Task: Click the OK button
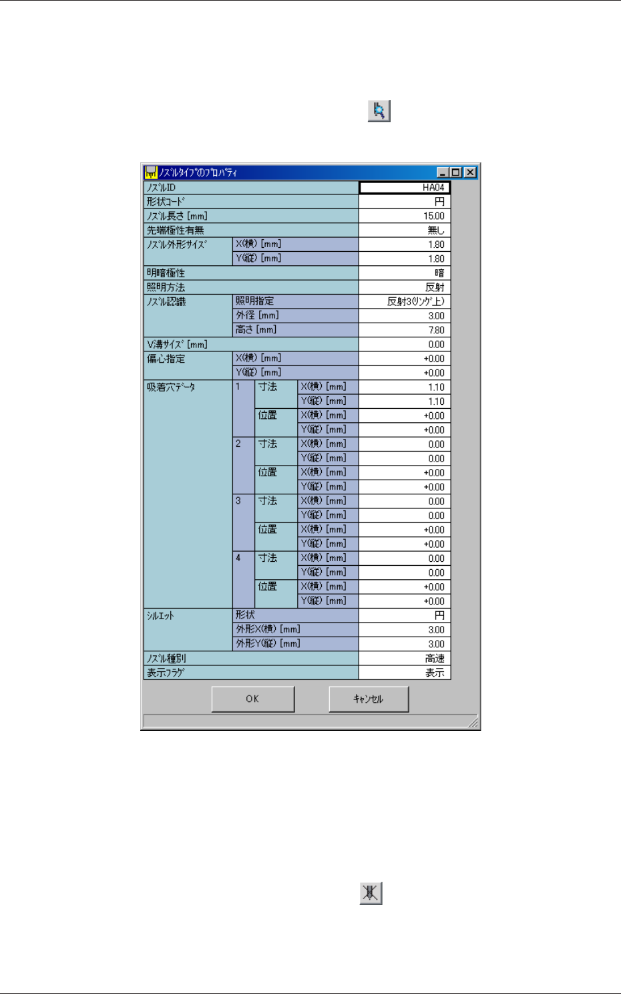coord(252,699)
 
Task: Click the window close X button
coord(470,172)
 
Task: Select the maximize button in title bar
coord(456,172)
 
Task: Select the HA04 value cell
coord(405,188)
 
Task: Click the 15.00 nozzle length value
coord(405,216)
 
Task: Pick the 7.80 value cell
coord(405,330)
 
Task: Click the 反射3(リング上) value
coord(405,301)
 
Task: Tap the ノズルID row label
coord(162,188)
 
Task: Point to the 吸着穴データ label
coord(171,387)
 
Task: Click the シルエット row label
coord(160,615)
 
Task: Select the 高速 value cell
coord(405,659)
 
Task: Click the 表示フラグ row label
coord(166,673)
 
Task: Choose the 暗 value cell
coord(405,273)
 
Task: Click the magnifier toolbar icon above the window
coord(379,111)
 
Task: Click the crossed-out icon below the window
coord(371,893)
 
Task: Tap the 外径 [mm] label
coord(257,315)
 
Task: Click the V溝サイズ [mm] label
coord(178,344)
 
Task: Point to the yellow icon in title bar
coord(151,172)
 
